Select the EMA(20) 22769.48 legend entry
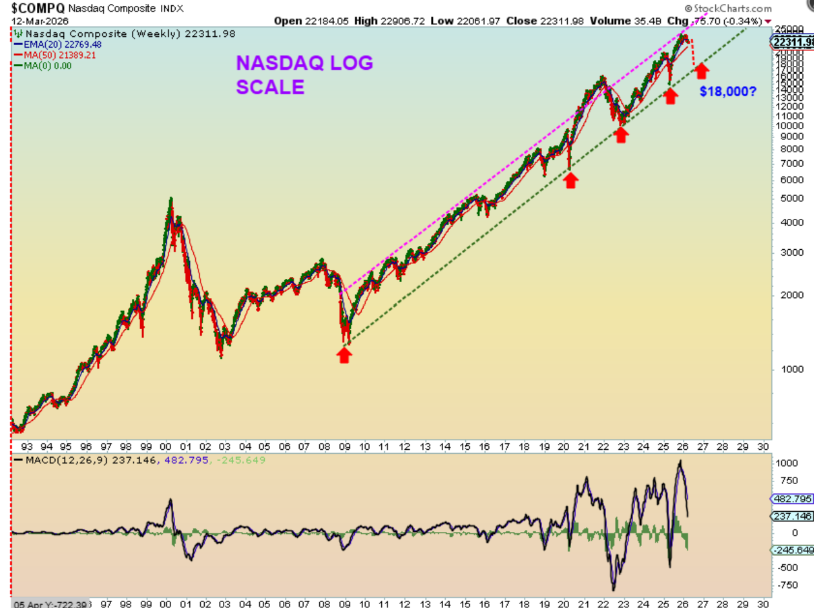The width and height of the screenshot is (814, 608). click(59, 45)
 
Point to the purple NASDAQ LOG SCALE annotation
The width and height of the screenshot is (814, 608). click(304, 75)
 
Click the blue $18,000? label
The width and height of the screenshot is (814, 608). click(727, 92)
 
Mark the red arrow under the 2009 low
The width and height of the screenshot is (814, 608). click(345, 354)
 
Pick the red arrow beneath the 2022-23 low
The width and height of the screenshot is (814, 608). click(621, 134)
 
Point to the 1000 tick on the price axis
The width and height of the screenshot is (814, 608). click(786, 369)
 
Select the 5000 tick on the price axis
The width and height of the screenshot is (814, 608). click(786, 199)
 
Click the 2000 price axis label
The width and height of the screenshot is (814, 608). click(786, 296)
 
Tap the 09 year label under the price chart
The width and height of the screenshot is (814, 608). click(344, 446)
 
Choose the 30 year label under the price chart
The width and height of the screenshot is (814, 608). click(763, 446)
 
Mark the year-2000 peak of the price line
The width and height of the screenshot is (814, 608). click(171, 199)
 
